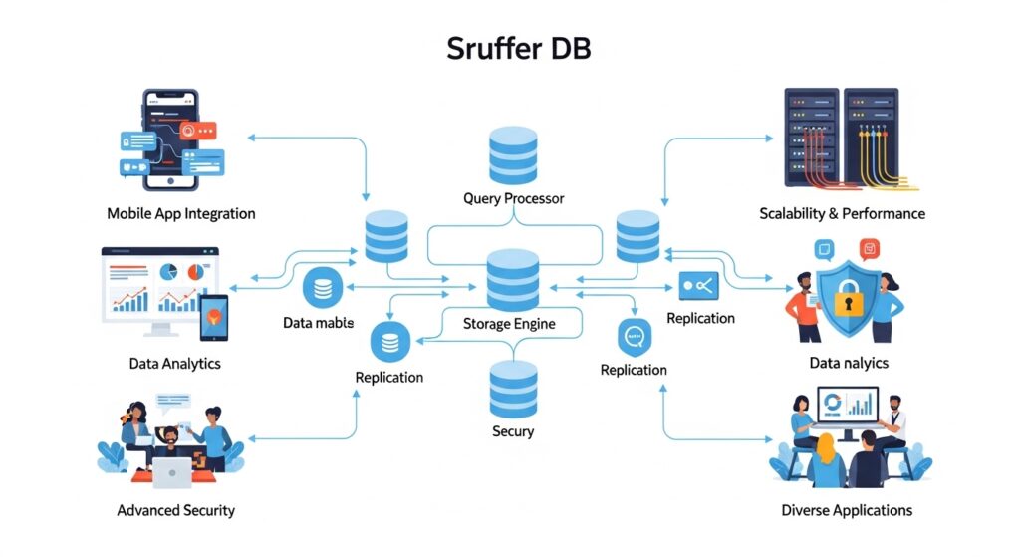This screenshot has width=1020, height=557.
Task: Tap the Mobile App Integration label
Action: [x=180, y=213]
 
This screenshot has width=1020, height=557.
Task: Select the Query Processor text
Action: [x=513, y=198]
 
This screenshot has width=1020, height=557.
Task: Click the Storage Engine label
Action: [x=509, y=324]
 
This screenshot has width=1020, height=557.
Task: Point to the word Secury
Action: [x=513, y=431]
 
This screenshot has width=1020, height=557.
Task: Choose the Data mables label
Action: [x=318, y=323]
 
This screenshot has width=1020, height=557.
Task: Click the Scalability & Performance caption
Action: [x=842, y=213]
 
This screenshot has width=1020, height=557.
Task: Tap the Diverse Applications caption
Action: [x=847, y=510]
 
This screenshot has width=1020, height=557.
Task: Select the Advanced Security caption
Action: [x=175, y=510]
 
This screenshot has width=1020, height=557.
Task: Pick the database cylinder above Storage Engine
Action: [x=513, y=280]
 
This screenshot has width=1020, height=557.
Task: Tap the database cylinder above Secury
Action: [x=513, y=390]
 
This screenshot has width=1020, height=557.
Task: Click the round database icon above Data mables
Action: [x=323, y=287]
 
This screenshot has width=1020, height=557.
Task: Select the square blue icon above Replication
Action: [x=698, y=287]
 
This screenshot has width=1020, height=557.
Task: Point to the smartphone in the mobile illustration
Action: [x=171, y=139]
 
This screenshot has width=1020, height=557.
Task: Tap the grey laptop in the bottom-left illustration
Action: [x=172, y=473]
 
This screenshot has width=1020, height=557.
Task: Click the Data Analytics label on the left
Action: [x=174, y=364]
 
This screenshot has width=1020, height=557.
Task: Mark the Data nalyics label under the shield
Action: [x=848, y=363]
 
